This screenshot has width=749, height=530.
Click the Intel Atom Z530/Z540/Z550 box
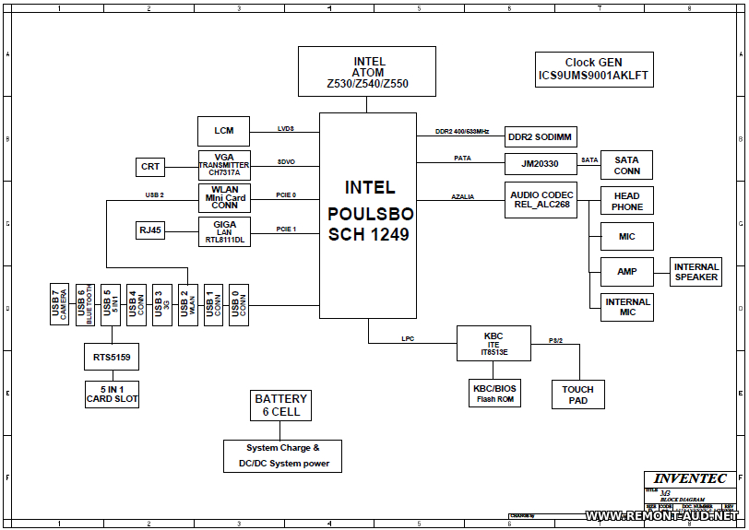367,72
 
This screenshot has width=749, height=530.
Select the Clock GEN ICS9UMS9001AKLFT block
595,70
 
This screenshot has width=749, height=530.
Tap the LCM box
224,131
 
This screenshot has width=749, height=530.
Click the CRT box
150,167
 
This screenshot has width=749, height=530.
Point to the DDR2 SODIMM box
541,137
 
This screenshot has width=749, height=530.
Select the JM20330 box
541,164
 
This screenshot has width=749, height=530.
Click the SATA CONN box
626,166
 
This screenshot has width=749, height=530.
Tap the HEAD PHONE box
626,201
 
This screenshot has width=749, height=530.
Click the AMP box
626,272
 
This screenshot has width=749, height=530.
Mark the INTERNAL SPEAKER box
695,272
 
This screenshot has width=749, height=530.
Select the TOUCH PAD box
577,395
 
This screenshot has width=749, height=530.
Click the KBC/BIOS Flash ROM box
494,394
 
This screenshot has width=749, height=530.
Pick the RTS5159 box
112,357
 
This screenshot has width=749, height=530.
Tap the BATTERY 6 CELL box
281,405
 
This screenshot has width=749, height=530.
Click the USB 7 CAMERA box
60,304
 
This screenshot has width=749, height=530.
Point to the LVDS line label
286,128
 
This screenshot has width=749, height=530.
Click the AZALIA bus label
463,196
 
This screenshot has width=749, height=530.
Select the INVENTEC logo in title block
690,478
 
